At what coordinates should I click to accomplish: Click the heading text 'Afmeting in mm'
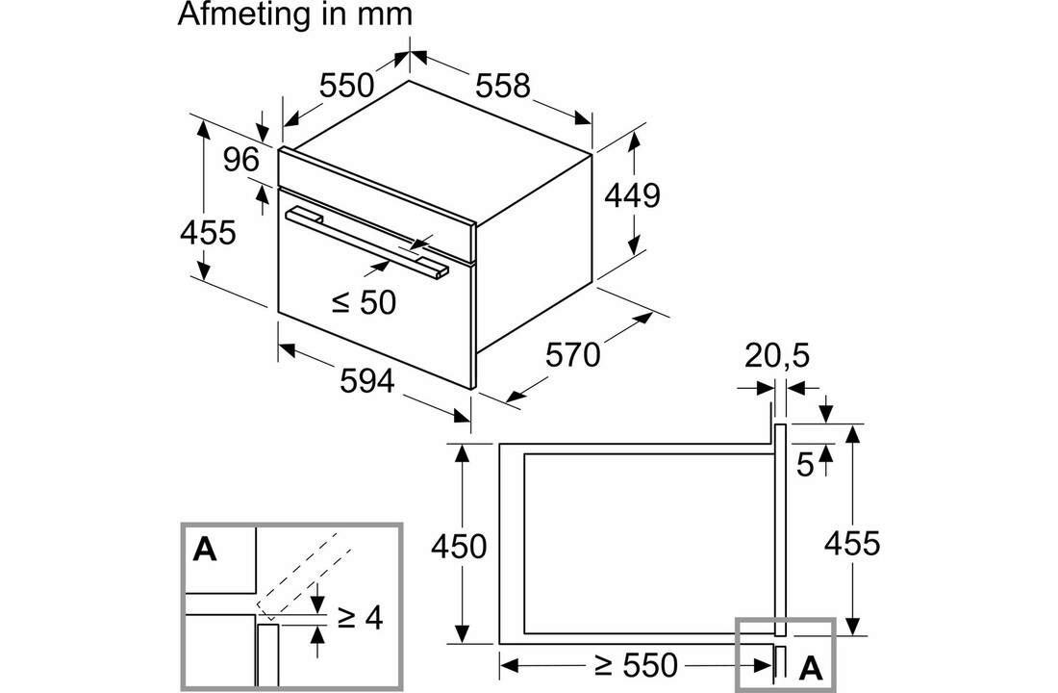295,14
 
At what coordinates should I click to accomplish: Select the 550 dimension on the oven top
346,86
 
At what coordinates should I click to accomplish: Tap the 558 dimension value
504,86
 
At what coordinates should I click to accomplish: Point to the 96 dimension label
241,160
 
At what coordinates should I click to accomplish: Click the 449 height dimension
632,195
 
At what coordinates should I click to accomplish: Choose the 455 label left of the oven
208,232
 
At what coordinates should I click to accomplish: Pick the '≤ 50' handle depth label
364,302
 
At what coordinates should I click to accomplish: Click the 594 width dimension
367,381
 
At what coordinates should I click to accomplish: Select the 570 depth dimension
572,355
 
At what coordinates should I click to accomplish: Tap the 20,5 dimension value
777,356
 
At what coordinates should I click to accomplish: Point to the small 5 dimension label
805,465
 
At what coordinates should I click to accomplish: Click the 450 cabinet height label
459,546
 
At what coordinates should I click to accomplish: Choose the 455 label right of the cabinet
852,543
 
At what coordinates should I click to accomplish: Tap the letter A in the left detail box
205,550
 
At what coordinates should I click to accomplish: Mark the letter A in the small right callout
811,666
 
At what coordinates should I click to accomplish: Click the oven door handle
365,242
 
